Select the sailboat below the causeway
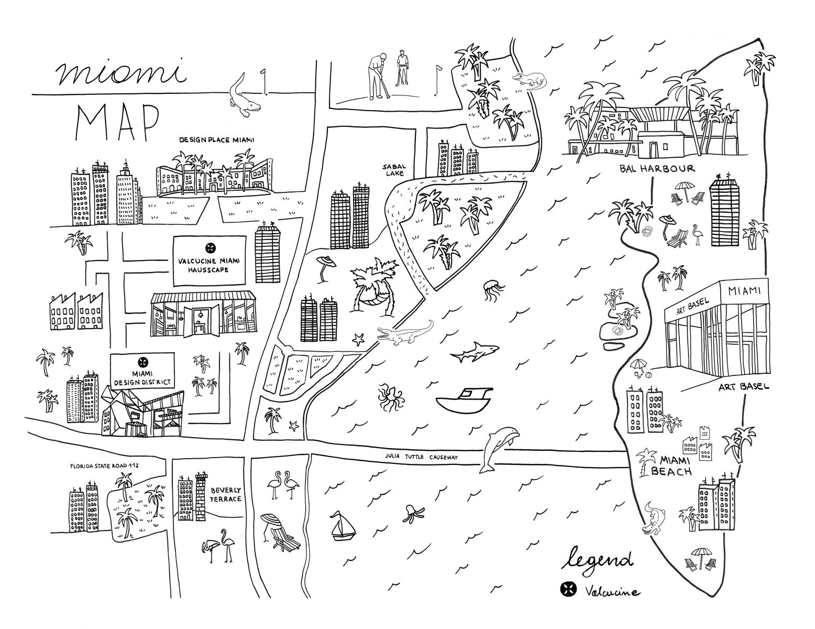(342, 525)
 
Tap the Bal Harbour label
(656, 169)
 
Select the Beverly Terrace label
(226, 495)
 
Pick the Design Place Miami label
(224, 140)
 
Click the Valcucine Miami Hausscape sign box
(209, 261)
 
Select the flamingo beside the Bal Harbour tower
(697, 234)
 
